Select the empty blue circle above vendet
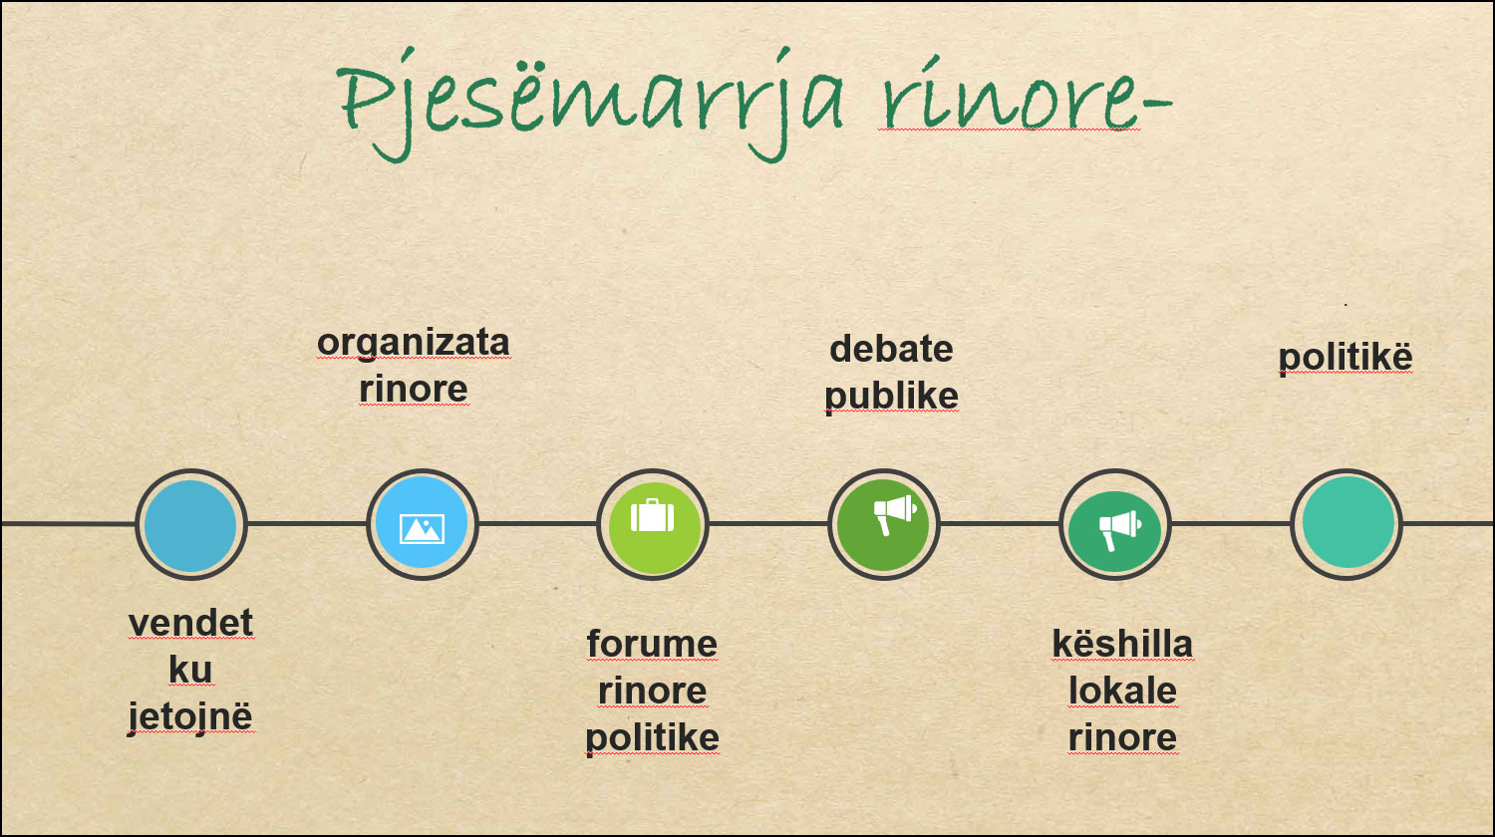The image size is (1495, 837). point(191,525)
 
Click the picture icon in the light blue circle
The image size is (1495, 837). point(422,529)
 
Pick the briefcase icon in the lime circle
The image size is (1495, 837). point(652,516)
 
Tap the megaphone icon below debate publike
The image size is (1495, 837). point(895,514)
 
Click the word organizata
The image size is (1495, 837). point(414,343)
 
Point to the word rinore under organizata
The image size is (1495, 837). point(414,390)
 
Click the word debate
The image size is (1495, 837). point(892,349)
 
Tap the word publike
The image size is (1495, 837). point(892,396)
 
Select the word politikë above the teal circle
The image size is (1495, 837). point(1345,357)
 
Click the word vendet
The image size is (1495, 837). point(191,623)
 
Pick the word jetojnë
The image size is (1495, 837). point(191,717)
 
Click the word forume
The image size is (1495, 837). point(652,644)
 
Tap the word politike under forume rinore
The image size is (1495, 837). point(652,738)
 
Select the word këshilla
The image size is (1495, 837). point(1122,644)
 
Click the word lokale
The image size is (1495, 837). point(1122,691)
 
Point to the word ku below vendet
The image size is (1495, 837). point(191,670)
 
